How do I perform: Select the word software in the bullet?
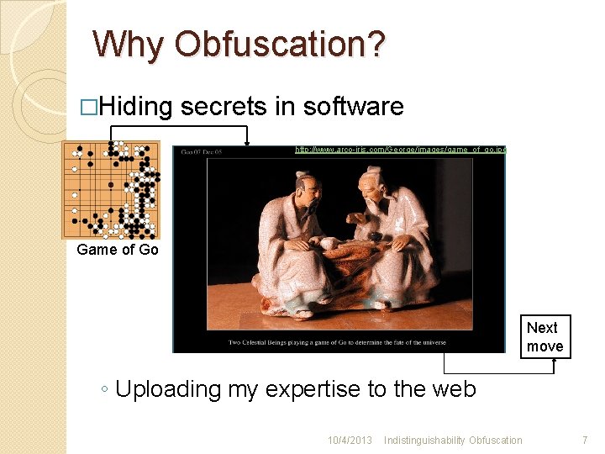353,107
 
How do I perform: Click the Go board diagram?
112,190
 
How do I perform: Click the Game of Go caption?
118,250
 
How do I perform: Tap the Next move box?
544,337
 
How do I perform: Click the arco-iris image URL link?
400,150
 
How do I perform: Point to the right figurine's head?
371,181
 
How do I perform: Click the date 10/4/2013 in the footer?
350,441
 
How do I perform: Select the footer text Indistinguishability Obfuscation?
454,441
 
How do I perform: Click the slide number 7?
585,441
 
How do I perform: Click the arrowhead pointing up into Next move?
555,362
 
